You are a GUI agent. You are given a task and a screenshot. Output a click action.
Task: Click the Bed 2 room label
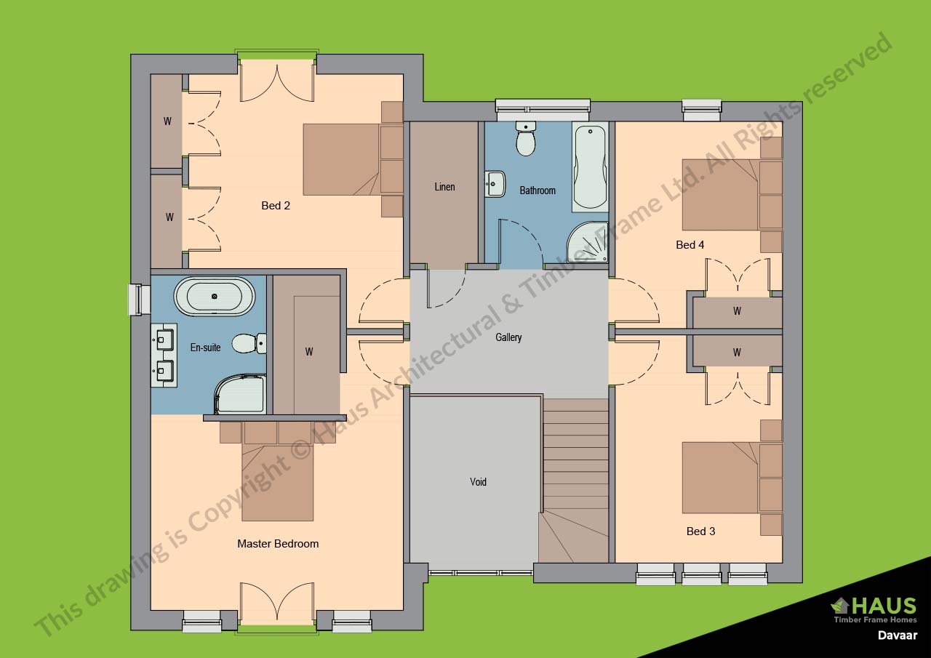(276, 206)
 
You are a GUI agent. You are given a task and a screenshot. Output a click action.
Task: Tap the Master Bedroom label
(278, 544)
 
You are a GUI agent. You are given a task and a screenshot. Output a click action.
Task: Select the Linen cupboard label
(444, 187)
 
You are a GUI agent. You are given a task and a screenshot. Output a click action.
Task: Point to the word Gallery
(508, 337)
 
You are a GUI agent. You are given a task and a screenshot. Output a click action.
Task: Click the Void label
(478, 481)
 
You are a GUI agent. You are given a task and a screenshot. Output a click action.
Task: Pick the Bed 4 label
(690, 245)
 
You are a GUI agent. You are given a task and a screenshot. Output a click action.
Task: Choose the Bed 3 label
(700, 531)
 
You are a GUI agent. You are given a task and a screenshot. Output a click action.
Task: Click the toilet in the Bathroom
(525, 139)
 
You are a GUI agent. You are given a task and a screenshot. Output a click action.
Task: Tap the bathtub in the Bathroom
(590, 167)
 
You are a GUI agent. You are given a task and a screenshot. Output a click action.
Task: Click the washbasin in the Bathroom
(495, 183)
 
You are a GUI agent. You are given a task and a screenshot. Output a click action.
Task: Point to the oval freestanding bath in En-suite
(215, 297)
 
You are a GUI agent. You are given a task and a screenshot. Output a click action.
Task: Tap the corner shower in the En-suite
(239, 394)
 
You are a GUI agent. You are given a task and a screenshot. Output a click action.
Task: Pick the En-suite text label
(205, 348)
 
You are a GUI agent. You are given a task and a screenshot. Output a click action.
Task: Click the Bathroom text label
(538, 190)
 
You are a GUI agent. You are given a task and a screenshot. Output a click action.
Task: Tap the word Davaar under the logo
(897, 635)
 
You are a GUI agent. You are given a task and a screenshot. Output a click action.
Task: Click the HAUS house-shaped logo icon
(840, 605)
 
